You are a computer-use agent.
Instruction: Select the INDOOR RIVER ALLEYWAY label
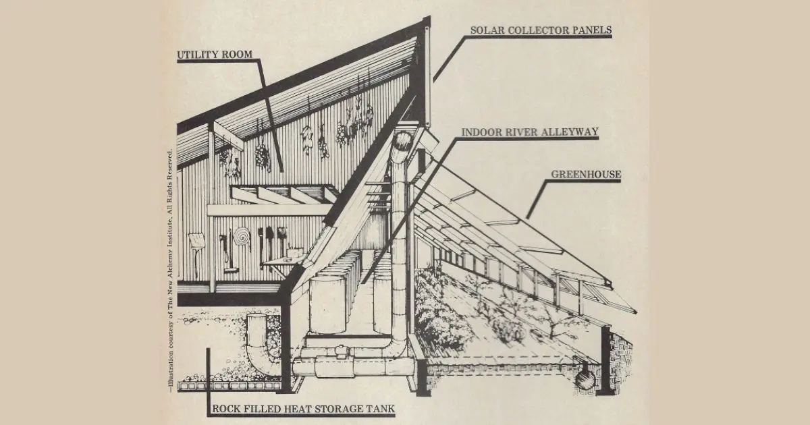point(529,132)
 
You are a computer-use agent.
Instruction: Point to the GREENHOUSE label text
point(587,174)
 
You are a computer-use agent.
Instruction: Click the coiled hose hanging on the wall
point(241,237)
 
